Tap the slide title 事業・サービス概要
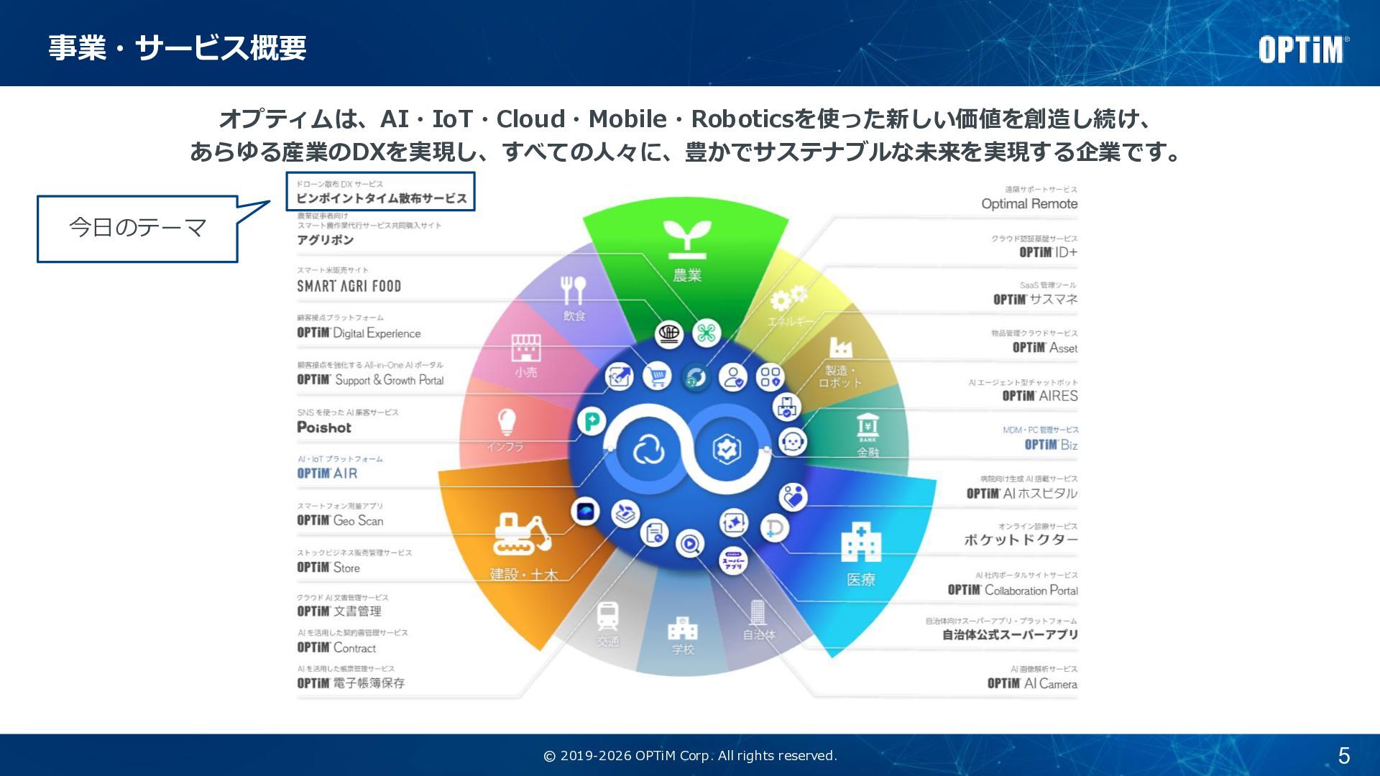(x=178, y=48)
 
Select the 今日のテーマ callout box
(x=137, y=228)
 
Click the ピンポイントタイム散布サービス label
(x=381, y=198)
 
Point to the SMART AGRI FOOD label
(x=349, y=286)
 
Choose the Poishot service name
(x=324, y=428)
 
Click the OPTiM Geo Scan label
(x=340, y=520)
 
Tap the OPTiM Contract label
(x=336, y=647)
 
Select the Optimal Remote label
(x=1029, y=203)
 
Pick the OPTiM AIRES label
(x=1040, y=396)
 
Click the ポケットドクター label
(x=1021, y=540)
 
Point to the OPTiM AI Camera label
(x=1032, y=683)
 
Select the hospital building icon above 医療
(x=860, y=542)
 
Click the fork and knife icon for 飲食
(x=573, y=290)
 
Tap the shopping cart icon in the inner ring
(x=657, y=375)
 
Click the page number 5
(x=1343, y=755)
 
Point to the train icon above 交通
(x=607, y=616)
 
